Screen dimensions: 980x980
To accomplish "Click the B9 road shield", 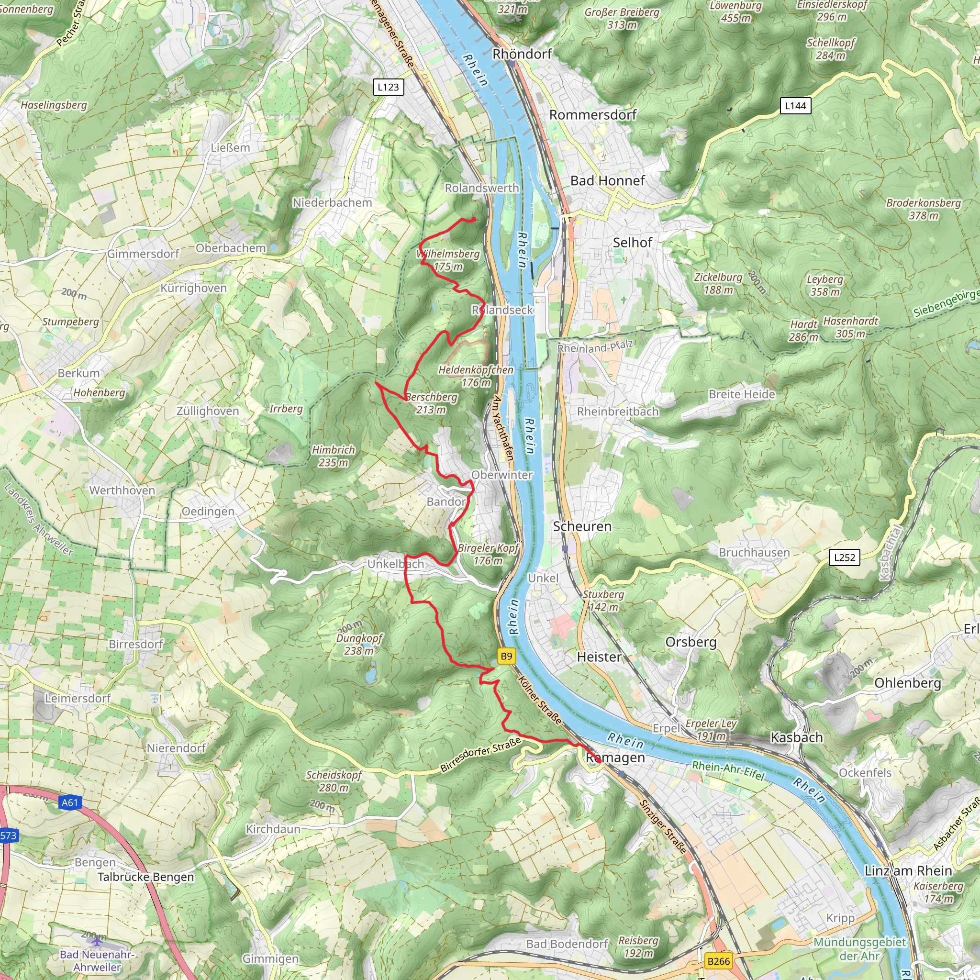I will point(506,656).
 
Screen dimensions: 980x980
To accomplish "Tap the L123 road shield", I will point(388,87).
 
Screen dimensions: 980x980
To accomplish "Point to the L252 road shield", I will point(844,557).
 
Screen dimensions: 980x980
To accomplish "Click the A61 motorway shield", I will point(70,802).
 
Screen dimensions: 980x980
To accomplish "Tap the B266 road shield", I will point(718,961).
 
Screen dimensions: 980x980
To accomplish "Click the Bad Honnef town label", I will point(607,180).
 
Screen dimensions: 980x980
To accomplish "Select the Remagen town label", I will point(615,757).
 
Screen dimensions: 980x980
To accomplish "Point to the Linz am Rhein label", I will point(908,870).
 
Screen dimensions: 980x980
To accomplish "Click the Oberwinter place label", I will point(501,475).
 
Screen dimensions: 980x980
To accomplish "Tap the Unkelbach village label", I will point(395,564).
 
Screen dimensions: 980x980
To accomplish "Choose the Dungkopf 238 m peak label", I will point(359,644).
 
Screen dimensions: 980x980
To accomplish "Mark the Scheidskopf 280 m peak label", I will point(334,780).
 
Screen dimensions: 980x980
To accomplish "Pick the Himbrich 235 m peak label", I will point(333,456).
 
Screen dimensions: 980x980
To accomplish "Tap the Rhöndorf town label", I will point(522,54).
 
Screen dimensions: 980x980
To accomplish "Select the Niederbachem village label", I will point(332,202).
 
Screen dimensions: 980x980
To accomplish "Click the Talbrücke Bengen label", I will point(145,877).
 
